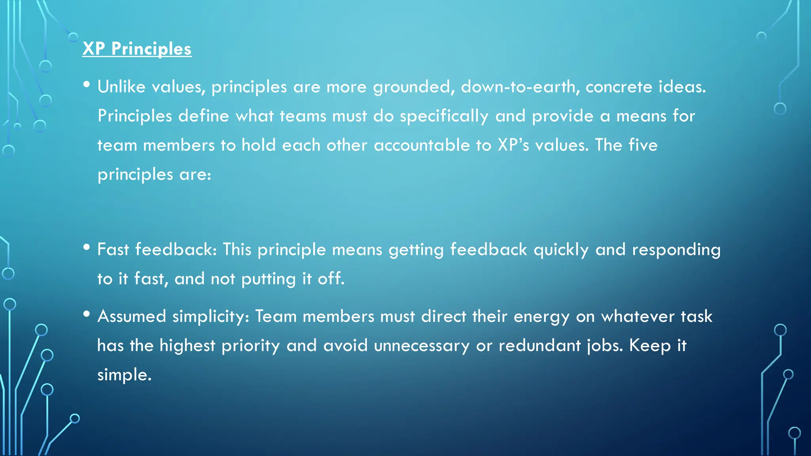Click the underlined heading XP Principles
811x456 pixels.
tap(137, 49)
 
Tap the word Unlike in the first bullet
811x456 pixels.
tap(121, 87)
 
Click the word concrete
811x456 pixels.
tap(619, 87)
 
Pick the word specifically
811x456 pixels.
tap(444, 116)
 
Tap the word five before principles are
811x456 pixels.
tap(643, 145)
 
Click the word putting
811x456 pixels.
tap(268, 279)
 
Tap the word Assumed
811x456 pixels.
tap(131, 316)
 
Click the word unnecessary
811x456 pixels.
tap(421, 346)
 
